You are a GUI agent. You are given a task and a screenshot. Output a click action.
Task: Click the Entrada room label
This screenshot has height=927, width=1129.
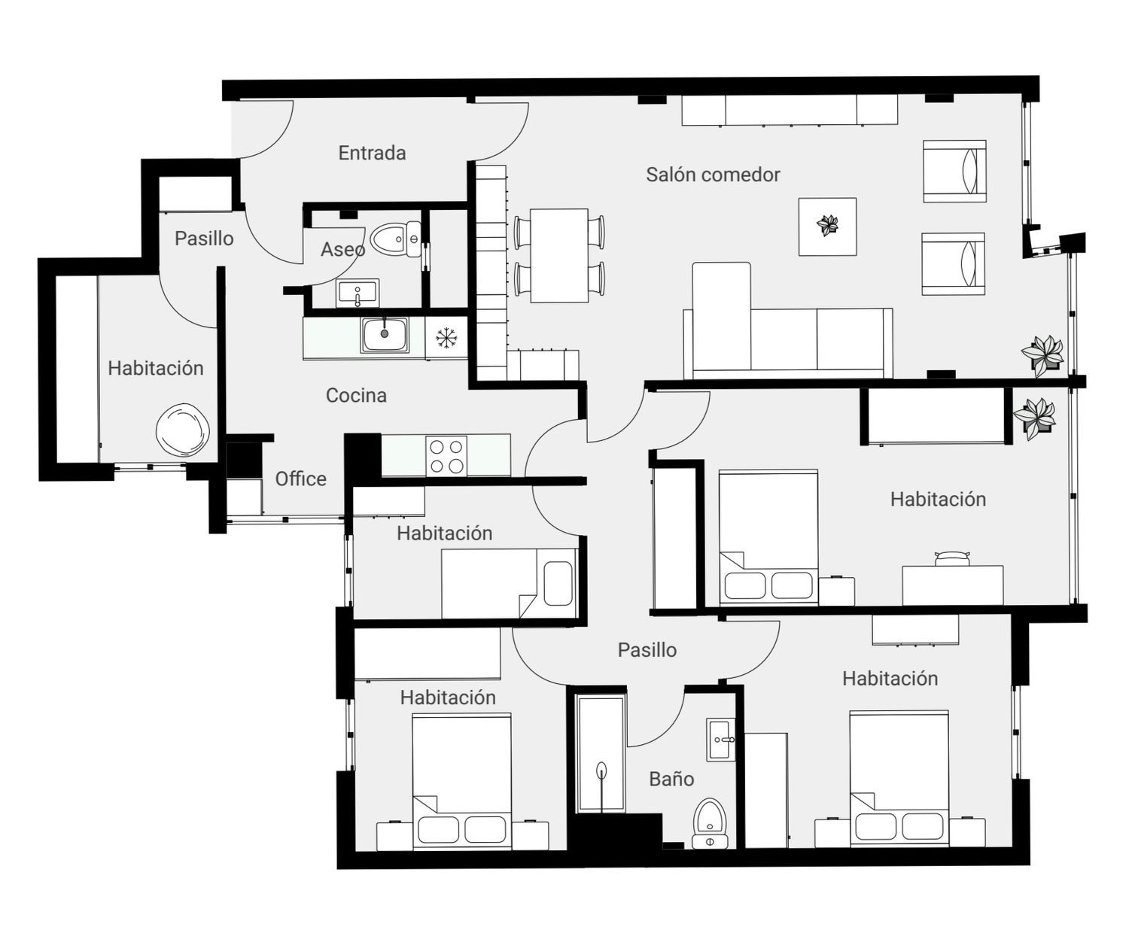tap(372, 153)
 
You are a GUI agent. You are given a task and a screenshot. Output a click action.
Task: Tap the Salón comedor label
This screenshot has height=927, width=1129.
tap(713, 175)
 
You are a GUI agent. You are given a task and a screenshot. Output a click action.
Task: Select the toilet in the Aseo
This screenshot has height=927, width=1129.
tap(396, 239)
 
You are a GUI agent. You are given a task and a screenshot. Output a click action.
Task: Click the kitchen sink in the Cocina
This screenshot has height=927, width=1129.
tap(385, 335)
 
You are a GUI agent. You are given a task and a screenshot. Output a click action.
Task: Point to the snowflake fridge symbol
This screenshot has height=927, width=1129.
tap(445, 339)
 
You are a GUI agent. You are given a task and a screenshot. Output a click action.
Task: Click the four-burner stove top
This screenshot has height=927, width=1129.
tap(446, 456)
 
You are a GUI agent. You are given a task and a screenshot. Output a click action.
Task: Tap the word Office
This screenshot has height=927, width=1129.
tap(301, 479)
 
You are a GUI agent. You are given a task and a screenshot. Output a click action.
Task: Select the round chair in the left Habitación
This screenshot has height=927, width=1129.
tap(182, 430)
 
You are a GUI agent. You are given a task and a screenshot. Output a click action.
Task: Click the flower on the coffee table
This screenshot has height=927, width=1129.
tap(828, 225)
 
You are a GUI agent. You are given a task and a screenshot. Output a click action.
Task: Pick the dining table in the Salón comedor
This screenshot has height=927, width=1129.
tap(559, 255)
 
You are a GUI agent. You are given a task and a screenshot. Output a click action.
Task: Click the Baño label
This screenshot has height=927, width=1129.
tap(671, 779)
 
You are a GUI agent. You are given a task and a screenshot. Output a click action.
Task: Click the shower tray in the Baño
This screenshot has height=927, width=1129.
tap(601, 754)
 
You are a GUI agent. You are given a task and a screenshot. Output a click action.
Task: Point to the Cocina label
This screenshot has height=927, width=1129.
tap(356, 396)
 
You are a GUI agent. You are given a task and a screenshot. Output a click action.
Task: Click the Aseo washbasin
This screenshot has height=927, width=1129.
tap(358, 293)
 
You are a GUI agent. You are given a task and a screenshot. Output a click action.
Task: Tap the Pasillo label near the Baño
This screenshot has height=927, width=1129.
tap(647, 650)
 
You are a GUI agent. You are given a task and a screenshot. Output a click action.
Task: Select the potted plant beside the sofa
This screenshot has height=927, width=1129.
tap(1042, 355)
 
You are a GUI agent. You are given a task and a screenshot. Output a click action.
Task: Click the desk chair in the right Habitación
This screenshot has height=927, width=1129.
tap(953, 558)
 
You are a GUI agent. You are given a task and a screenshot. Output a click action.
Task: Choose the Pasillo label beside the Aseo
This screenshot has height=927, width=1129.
tap(204, 239)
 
